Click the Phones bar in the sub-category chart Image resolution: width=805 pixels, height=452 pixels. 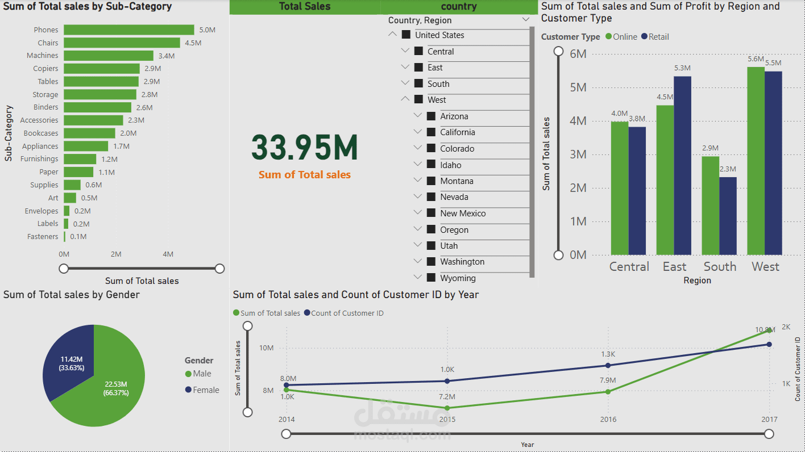[128, 30]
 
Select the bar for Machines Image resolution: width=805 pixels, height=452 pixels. [108, 56]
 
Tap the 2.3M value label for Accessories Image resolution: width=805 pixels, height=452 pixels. [136, 120]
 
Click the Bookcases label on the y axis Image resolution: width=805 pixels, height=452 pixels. [41, 133]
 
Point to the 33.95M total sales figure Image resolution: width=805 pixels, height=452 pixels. [305, 148]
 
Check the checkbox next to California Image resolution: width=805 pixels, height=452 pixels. [431, 132]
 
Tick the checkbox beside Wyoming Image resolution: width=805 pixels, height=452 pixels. [431, 278]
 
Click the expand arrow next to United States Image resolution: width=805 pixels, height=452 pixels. [392, 35]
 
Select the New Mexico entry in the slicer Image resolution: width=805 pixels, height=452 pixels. [463, 214]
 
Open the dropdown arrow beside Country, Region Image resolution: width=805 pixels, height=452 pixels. [525, 20]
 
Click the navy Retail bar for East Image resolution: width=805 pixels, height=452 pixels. [682, 165]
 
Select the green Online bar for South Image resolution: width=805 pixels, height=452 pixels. [710, 205]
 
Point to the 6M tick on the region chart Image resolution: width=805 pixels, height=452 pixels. [578, 54]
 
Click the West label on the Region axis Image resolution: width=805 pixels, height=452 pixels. [765, 267]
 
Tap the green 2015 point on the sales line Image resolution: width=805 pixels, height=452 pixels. [447, 408]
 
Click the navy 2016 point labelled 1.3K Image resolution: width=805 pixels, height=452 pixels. [608, 365]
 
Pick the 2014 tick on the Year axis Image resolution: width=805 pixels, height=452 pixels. [287, 420]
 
